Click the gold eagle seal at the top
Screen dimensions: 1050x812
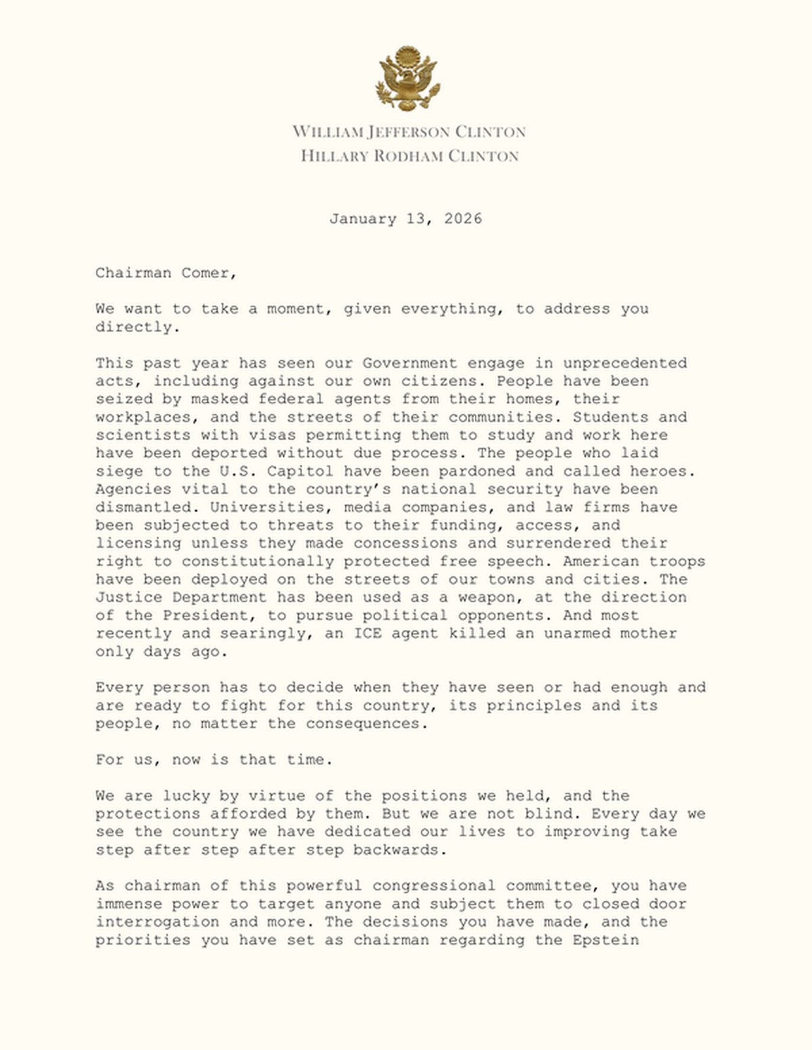[x=408, y=78]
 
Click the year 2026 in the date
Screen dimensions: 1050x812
[x=463, y=219]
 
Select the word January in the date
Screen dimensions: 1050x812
[x=363, y=219]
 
